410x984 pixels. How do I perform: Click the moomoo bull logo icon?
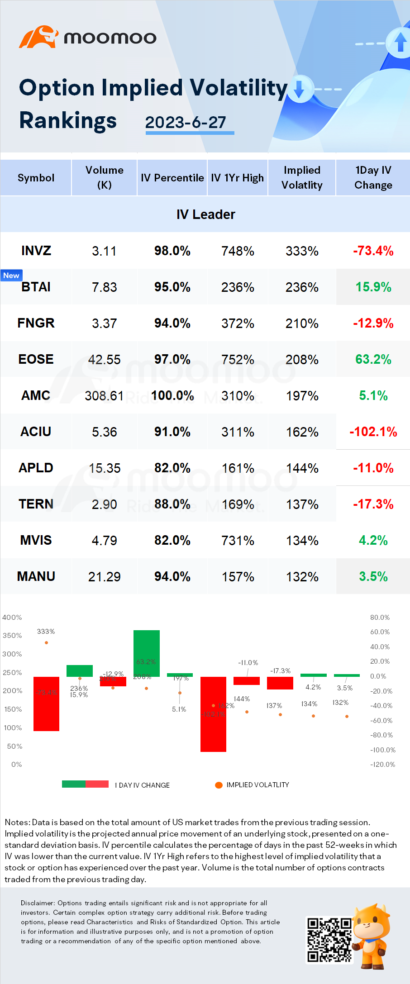point(38,37)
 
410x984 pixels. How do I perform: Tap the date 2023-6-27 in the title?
point(186,122)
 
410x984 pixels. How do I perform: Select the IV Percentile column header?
point(172,178)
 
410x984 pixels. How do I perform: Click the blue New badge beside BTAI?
point(11,276)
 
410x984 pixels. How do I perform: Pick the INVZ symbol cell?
point(36,251)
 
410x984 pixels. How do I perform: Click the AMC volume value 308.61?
point(104,396)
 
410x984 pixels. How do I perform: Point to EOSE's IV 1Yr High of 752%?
point(238,360)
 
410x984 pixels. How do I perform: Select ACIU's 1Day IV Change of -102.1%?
point(373,432)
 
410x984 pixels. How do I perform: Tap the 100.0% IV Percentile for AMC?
point(172,396)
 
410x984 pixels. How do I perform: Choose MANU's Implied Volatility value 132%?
point(302,577)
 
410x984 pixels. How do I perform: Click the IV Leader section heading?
point(205,214)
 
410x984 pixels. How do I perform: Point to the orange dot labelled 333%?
point(46,642)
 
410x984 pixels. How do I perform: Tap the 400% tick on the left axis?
point(12,618)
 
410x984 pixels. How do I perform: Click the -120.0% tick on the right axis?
point(382,765)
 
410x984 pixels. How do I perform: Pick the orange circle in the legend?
point(219,785)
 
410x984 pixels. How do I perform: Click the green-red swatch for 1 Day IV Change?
point(85,784)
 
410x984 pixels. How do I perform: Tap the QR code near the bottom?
point(329,939)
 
